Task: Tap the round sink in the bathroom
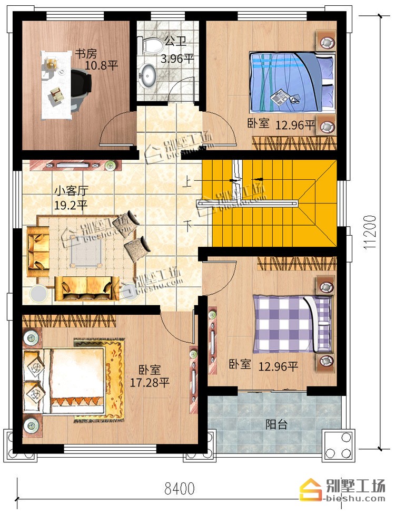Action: click(x=147, y=75)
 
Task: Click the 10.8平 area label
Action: click(x=101, y=65)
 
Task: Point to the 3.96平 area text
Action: click(x=177, y=59)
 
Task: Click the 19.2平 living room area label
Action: click(x=71, y=205)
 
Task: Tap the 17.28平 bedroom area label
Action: click(x=150, y=382)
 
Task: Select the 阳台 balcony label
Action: click(x=276, y=424)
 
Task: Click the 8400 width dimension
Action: click(x=180, y=489)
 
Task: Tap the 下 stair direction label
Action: click(x=187, y=226)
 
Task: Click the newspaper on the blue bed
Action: click(x=279, y=97)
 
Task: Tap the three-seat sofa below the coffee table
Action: click(x=87, y=288)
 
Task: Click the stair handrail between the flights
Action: click(x=248, y=204)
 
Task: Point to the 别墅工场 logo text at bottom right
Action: click(x=355, y=486)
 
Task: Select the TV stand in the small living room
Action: click(x=75, y=165)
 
